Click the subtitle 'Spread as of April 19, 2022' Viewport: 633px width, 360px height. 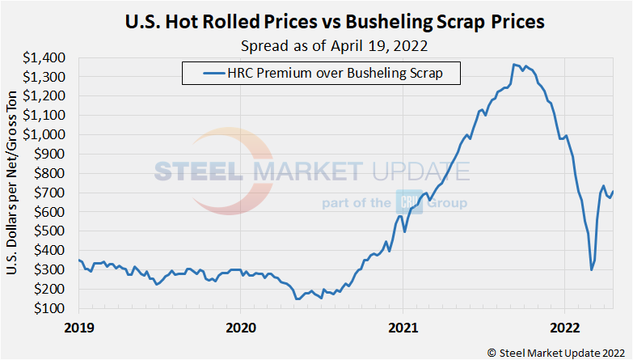point(333,44)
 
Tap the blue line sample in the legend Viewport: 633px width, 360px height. point(204,74)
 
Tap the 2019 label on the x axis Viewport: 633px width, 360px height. point(79,328)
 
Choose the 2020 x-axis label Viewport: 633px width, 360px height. point(241,328)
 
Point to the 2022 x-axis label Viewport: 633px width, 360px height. point(564,328)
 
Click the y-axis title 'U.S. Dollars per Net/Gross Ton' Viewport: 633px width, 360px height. point(12,183)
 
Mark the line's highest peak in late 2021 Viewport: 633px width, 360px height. point(514,64)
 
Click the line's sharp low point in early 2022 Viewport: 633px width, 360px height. point(592,269)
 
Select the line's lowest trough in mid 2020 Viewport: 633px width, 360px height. point(297,299)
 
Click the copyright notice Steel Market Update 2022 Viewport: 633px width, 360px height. point(555,351)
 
